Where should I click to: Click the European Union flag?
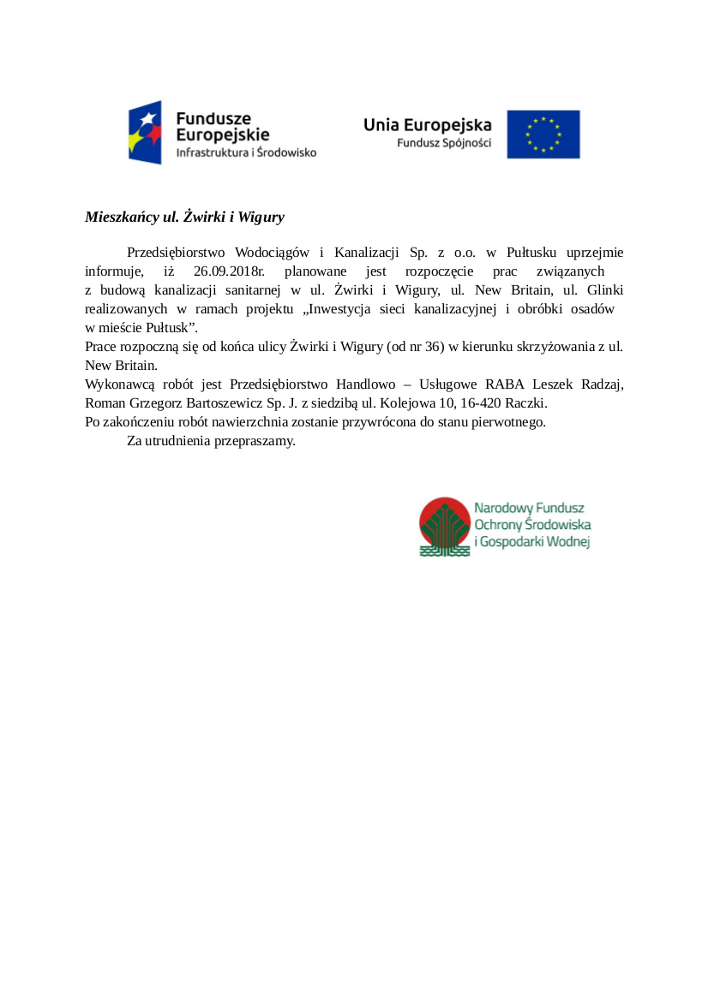point(543,134)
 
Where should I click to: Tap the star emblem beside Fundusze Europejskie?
point(145,133)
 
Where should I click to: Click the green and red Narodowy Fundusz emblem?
point(444,526)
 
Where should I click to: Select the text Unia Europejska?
point(427,124)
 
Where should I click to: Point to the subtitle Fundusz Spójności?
point(444,143)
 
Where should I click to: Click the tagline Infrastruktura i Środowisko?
point(246,152)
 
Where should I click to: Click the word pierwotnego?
point(508,422)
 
